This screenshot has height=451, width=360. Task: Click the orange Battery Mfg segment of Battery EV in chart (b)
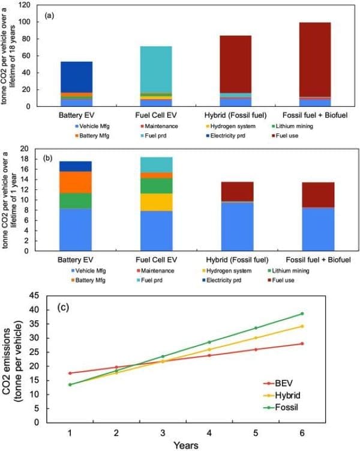click(76, 182)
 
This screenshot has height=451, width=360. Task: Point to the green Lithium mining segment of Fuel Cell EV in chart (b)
click(156, 186)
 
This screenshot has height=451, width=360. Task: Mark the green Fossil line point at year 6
click(302, 313)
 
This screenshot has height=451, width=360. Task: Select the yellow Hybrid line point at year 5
click(256, 337)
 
